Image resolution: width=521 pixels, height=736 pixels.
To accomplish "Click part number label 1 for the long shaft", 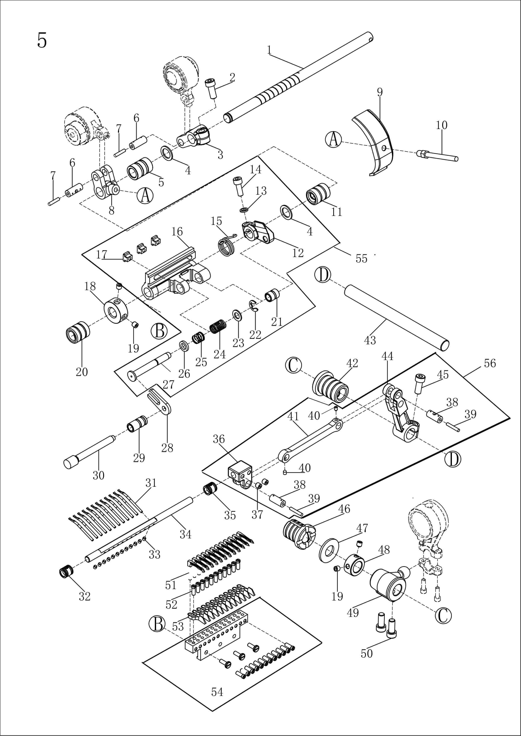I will pyautogui.click(x=269, y=50).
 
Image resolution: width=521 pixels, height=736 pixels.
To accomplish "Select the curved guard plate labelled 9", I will pyautogui.click(x=374, y=143).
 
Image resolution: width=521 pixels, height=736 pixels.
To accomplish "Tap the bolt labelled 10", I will pyautogui.click(x=438, y=156).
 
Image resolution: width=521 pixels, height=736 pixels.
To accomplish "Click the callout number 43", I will pyautogui.click(x=370, y=340).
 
